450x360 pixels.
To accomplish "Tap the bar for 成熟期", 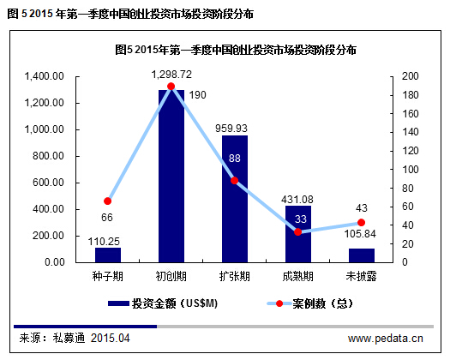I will [298, 233].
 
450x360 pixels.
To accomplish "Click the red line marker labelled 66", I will [108, 201].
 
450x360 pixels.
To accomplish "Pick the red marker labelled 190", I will [171, 87].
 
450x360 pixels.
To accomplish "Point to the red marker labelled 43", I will [361, 222].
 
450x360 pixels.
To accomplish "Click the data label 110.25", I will [108, 241].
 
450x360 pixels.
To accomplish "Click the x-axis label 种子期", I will [108, 277].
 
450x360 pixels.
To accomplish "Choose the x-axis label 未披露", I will [361, 277].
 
